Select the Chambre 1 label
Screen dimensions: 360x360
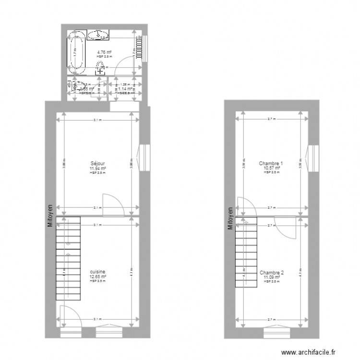[x=271, y=163]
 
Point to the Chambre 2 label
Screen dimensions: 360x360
[x=272, y=273]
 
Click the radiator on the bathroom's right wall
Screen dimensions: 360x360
[x=141, y=48]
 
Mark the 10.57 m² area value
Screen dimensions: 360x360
[x=271, y=168]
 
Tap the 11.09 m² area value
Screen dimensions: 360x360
[x=272, y=277]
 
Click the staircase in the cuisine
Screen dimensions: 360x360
[x=68, y=259]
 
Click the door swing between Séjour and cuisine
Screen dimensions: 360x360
[x=114, y=204]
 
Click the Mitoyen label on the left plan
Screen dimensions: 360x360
[x=50, y=224]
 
